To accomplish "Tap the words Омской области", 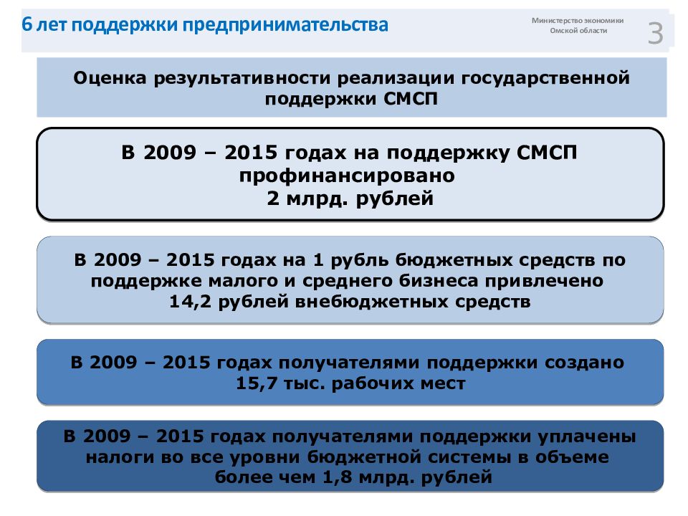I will (578, 32).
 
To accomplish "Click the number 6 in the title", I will (27, 27).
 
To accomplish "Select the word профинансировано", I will (350, 175).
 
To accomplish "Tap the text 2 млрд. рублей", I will (350, 198).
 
